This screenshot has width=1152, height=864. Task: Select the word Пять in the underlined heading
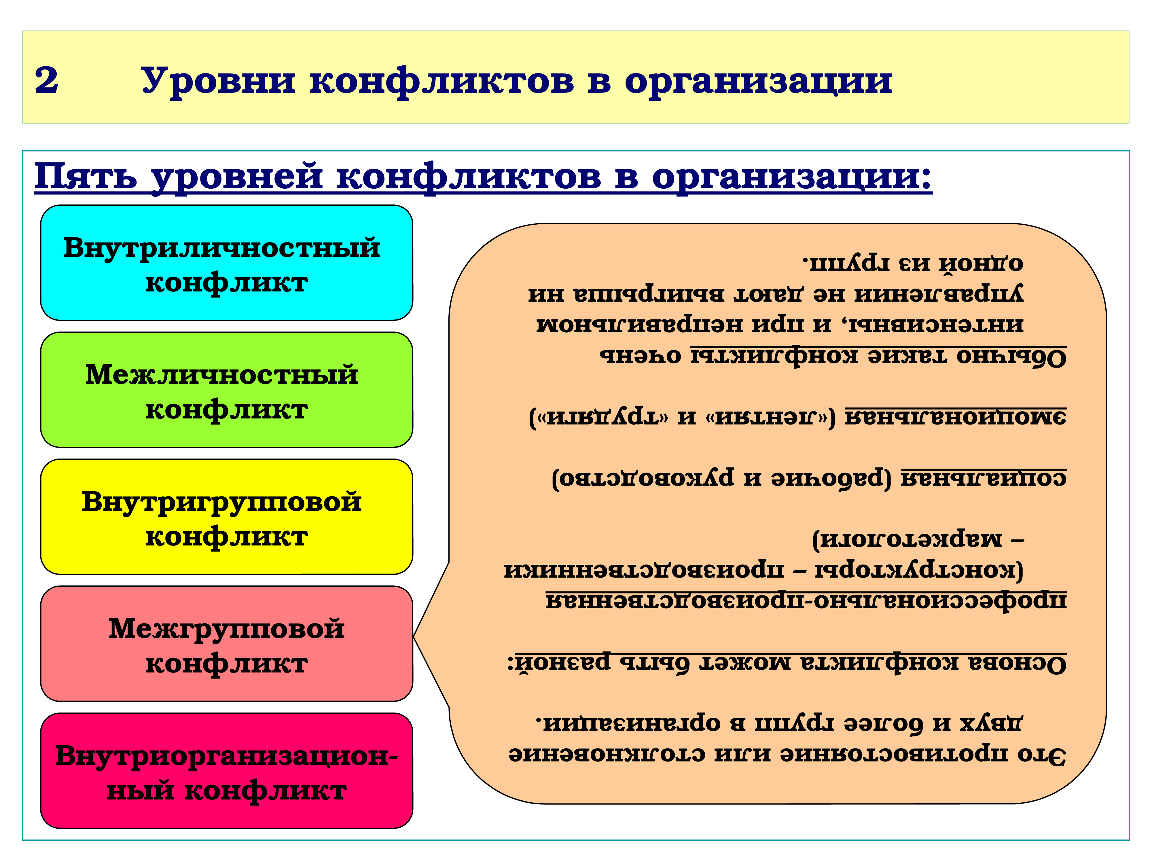[86, 177]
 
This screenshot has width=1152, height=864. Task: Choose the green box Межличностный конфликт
[227, 390]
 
